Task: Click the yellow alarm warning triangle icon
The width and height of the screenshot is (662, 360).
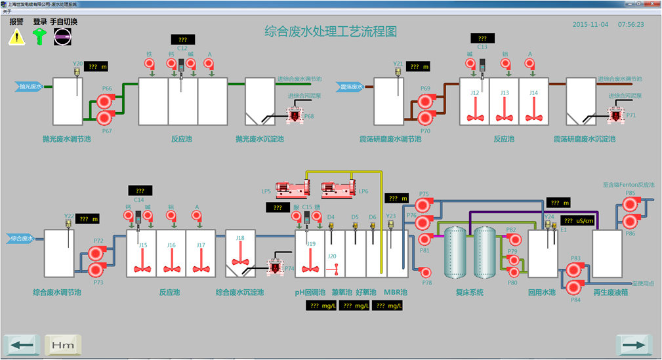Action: point(16,37)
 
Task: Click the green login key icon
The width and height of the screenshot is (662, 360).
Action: point(40,37)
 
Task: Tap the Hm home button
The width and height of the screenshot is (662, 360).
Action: point(62,344)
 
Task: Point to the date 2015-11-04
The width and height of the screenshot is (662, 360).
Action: point(590,24)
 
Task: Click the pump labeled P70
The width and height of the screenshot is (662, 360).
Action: point(425,118)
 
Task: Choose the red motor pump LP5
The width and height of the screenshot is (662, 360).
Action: point(289,190)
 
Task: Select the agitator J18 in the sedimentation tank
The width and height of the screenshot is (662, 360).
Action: point(241,256)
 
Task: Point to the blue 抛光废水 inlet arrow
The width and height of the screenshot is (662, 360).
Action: point(30,86)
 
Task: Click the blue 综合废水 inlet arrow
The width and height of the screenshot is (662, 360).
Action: point(22,238)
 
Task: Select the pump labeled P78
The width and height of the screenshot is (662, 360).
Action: point(425,271)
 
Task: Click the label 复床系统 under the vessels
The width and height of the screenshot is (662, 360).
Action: point(469,292)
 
